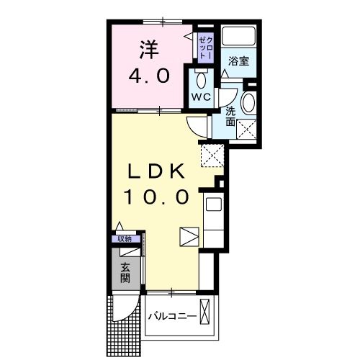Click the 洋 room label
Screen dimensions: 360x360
(x=149, y=50)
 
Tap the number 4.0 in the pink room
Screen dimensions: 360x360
(x=149, y=76)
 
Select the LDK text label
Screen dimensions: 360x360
(x=156, y=171)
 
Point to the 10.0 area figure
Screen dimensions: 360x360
(x=156, y=197)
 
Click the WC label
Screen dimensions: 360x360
(x=201, y=97)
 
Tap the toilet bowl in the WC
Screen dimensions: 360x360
(x=201, y=81)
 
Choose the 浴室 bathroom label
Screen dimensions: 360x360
(x=238, y=61)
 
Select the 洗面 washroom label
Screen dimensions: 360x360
(x=230, y=117)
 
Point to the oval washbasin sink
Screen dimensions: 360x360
(x=248, y=102)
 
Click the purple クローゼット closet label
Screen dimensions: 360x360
(x=206, y=48)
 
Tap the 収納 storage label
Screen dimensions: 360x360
(x=125, y=239)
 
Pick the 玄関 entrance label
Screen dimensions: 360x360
(x=125, y=272)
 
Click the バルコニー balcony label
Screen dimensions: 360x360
(x=172, y=316)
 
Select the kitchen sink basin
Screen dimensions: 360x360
(x=214, y=204)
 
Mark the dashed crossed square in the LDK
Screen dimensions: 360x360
(x=212, y=156)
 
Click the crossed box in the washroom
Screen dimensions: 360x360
(x=246, y=130)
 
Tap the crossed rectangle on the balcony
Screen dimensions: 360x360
(x=204, y=312)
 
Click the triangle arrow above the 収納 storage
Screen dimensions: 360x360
(x=120, y=226)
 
